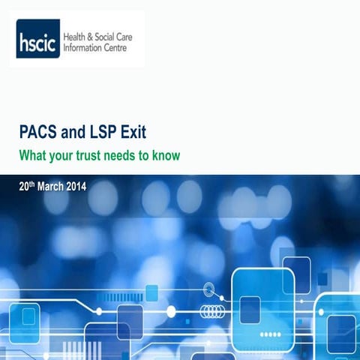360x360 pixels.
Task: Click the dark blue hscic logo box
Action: tap(38, 39)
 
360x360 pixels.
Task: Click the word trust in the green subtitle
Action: tap(91, 156)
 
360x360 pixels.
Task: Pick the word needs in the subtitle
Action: tap(124, 156)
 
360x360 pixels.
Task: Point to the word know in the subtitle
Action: tap(167, 156)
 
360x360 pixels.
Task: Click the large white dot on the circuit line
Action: tap(171, 310)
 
